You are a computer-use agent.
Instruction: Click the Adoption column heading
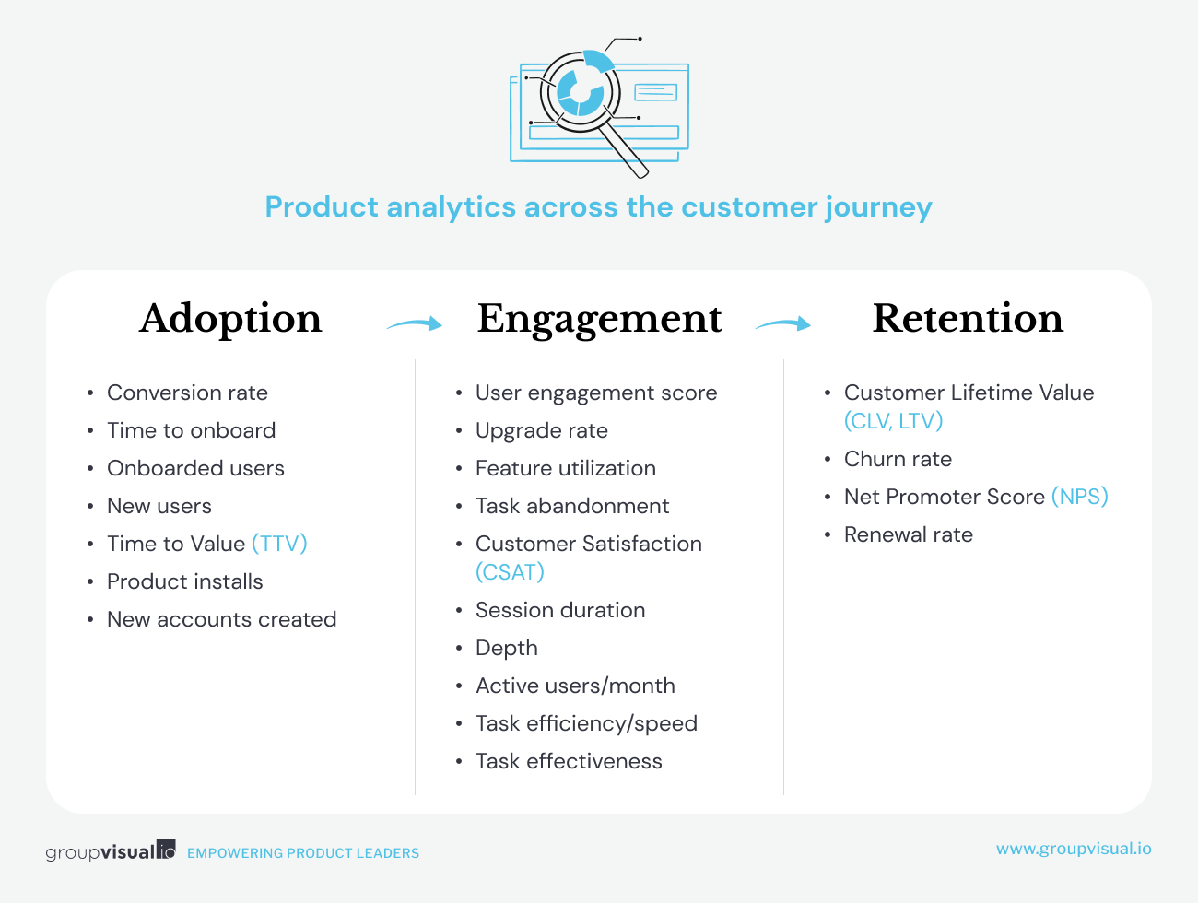230,319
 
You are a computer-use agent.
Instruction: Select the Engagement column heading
599,320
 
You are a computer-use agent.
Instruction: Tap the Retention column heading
968,318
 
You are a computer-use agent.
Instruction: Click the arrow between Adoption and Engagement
415,323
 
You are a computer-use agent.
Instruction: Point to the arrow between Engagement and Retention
783,323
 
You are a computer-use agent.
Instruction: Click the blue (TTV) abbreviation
279,544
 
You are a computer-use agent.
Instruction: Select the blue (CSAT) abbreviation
510,572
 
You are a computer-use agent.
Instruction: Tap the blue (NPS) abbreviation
1079,497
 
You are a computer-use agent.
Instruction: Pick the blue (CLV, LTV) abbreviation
894,421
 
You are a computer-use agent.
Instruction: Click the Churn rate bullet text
898,460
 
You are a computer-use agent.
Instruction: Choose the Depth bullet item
507,649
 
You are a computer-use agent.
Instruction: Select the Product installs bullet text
185,582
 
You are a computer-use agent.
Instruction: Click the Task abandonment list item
572,507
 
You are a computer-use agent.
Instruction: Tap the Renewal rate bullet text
909,534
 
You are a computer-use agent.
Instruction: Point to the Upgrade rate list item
542,431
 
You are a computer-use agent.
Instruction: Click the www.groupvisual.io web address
1074,849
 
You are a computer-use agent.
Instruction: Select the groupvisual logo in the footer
111,850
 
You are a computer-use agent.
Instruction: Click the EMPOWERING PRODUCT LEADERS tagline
303,853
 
